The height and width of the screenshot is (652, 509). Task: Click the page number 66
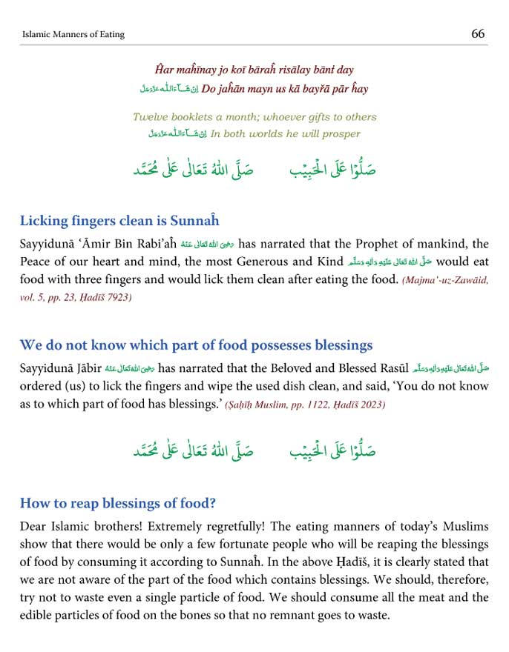point(478,33)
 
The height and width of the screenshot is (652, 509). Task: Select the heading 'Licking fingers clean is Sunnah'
point(119,221)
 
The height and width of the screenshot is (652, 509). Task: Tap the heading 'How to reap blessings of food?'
point(118,503)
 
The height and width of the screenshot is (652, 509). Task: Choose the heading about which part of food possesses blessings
point(196,345)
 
